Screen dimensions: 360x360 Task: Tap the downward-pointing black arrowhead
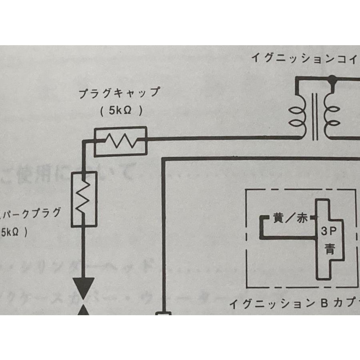pos(84,287)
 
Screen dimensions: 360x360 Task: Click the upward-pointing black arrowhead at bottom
pos(84,310)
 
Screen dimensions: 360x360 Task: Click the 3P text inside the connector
pos(330,231)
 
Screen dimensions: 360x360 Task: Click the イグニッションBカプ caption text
pos(294,304)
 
